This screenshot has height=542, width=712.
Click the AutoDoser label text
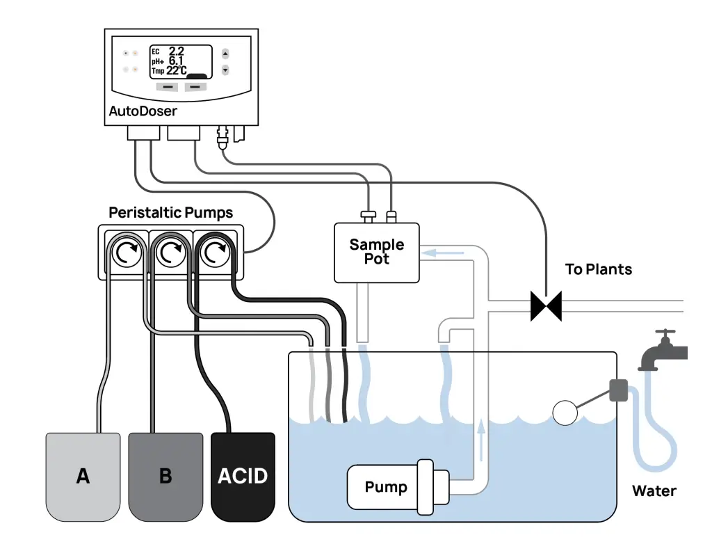click(143, 111)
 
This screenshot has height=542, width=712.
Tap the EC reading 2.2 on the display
click(176, 51)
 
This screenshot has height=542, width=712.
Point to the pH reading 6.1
click(176, 61)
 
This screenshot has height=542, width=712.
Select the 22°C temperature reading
click(176, 70)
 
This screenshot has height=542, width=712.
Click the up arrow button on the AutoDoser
click(225, 54)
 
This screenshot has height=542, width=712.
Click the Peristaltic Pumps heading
click(171, 212)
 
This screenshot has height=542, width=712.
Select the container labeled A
click(83, 477)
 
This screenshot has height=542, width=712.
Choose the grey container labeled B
click(165, 477)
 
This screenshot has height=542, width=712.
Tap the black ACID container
click(243, 477)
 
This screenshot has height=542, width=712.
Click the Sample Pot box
click(377, 252)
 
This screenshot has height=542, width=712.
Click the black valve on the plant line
click(546, 305)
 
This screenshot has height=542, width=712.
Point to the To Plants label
click(599, 269)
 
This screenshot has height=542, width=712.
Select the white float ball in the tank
click(565, 413)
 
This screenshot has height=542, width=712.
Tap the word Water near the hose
click(654, 491)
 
